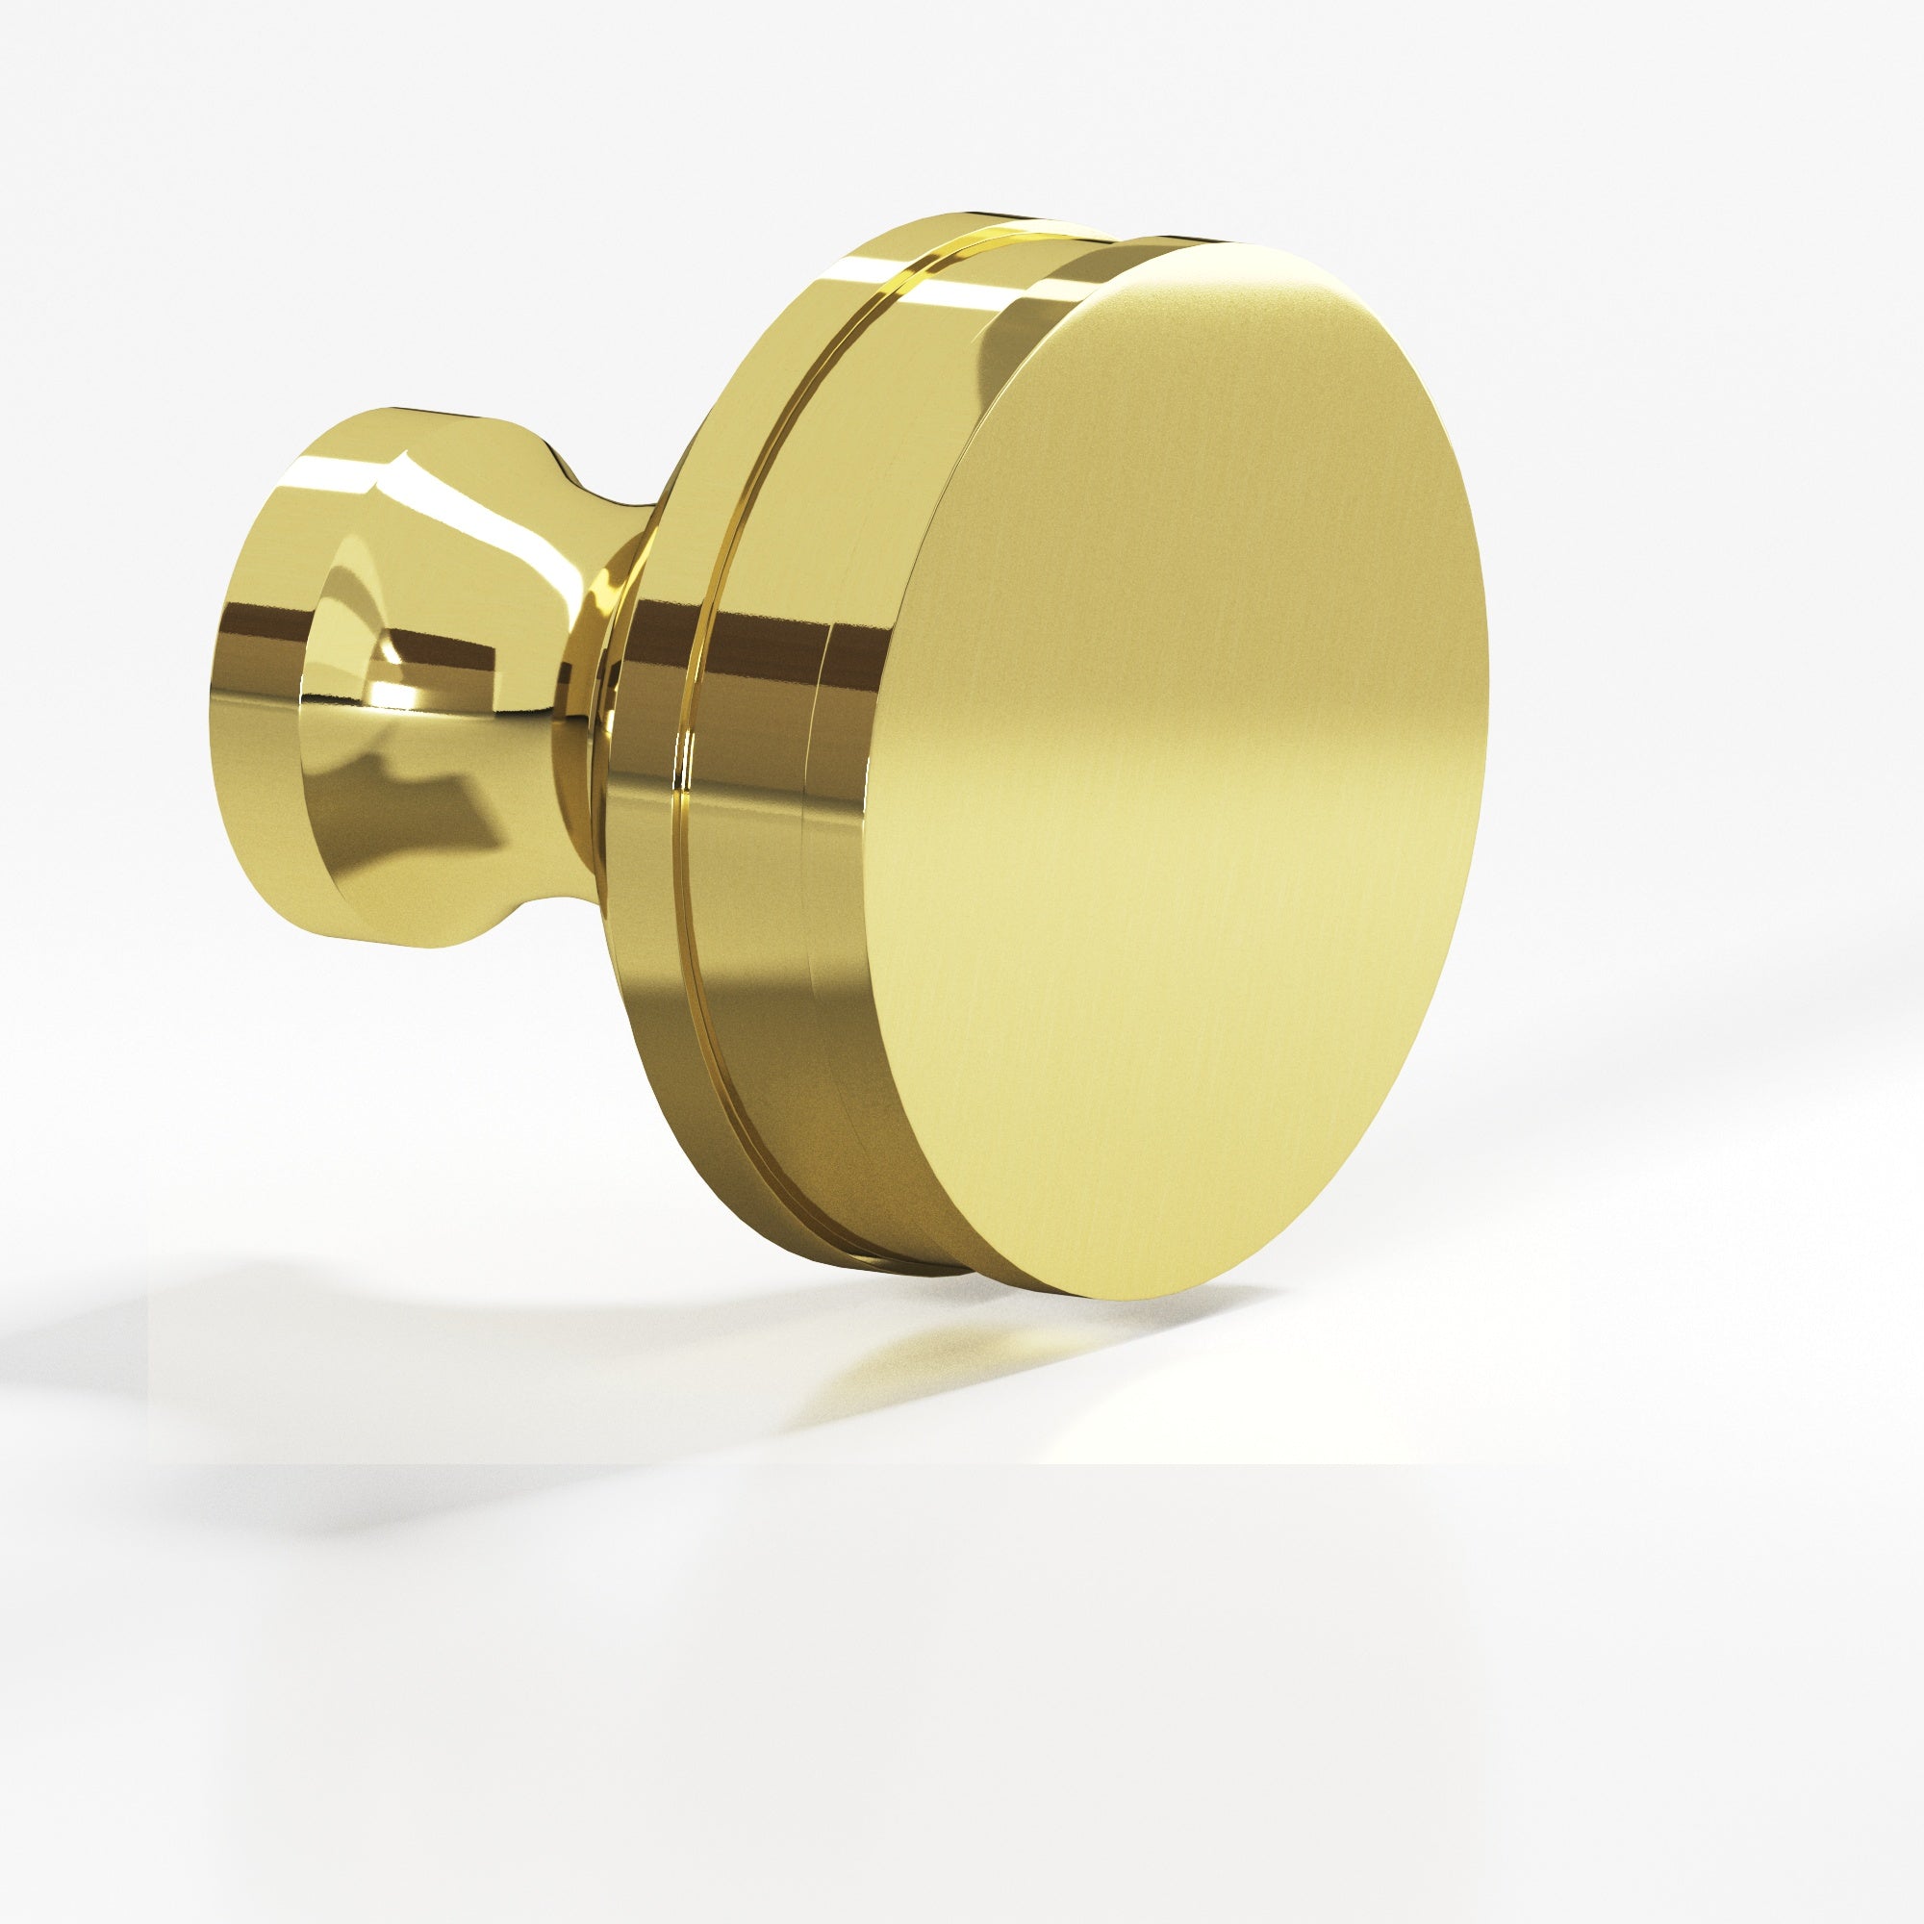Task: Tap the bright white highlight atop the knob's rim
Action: coord(956,289)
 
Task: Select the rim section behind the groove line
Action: coord(647,797)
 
